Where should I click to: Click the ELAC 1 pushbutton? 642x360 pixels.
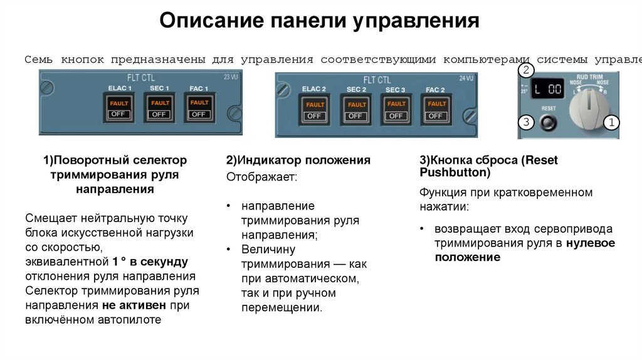click(x=119, y=108)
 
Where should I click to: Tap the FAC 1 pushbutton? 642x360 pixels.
click(x=199, y=108)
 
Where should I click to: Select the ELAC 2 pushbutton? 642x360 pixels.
click(x=314, y=110)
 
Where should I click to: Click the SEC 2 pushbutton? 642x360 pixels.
click(x=356, y=110)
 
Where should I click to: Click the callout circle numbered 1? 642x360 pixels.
click(x=611, y=122)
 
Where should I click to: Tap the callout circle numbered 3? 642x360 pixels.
click(x=526, y=122)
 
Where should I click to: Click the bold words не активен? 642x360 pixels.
click(x=134, y=305)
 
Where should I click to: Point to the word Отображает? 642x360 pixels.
click(x=262, y=177)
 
